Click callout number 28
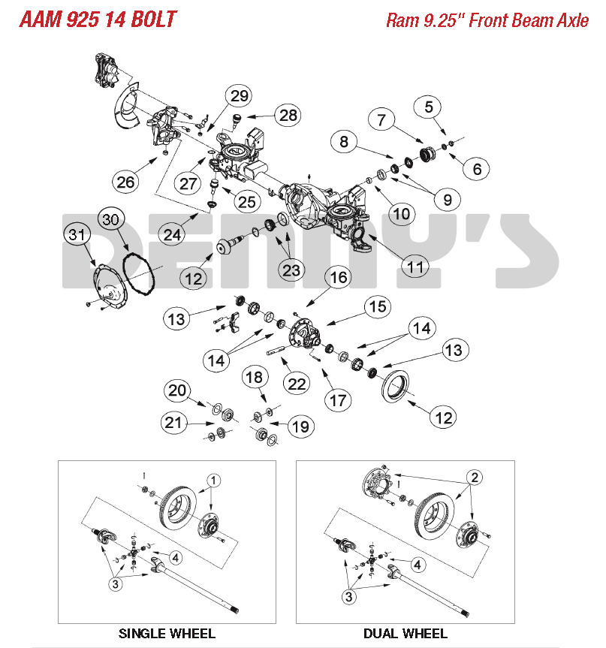287,115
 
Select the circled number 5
428,107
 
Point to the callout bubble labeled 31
75,236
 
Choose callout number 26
127,181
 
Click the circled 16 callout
339,277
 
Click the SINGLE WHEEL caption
167,633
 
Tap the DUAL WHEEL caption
405,633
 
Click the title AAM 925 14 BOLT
98,18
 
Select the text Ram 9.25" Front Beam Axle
487,20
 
